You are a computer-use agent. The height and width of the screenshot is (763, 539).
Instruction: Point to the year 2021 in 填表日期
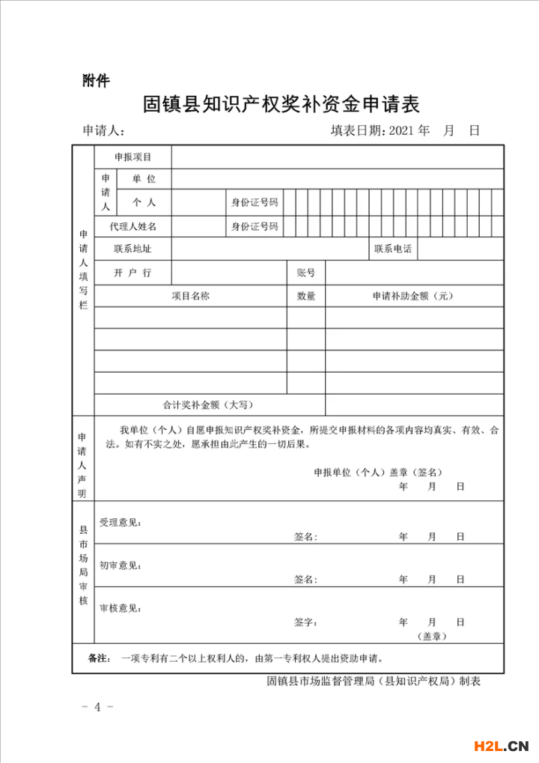[401, 131]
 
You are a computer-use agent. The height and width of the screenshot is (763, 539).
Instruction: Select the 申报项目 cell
[133, 157]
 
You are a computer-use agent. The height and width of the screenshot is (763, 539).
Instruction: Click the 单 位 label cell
[144, 179]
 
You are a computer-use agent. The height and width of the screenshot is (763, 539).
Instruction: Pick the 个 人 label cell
[144, 202]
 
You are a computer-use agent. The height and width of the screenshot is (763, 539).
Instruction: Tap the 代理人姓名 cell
[133, 226]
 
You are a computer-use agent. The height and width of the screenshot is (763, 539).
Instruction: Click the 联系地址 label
[133, 249]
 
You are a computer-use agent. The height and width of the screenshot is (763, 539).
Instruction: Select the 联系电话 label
[393, 249]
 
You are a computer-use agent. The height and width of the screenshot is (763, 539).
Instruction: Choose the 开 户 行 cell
[133, 273]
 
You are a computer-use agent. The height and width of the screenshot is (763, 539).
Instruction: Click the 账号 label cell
[306, 273]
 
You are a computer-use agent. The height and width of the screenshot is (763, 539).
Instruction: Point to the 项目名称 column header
[191, 296]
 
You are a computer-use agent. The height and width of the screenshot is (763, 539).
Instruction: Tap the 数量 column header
[306, 296]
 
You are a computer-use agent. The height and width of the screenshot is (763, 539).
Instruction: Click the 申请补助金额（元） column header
[413, 296]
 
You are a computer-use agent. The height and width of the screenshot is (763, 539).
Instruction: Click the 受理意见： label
[121, 522]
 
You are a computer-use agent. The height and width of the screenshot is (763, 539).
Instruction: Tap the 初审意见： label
[121, 565]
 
